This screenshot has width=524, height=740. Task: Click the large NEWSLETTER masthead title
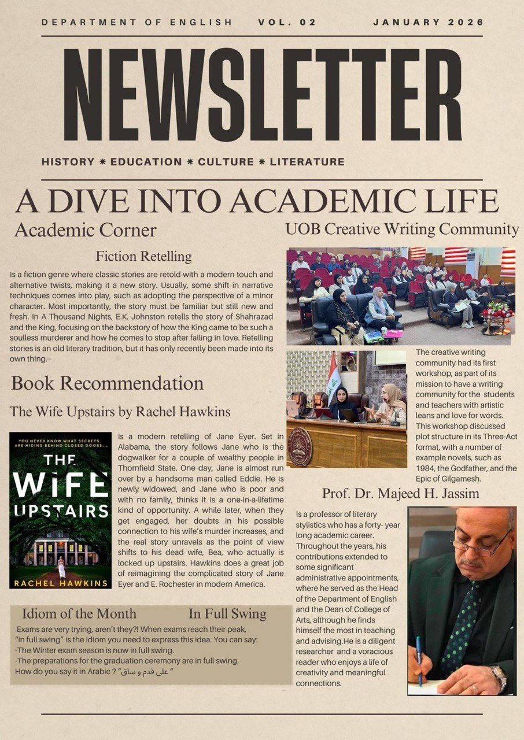point(262,95)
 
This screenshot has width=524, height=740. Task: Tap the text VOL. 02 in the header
point(287,23)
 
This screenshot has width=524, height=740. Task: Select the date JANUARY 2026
point(428,23)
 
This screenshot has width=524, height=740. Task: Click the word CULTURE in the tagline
point(226,162)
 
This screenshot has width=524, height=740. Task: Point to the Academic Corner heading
point(85,230)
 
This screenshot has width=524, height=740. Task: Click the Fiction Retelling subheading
point(143,256)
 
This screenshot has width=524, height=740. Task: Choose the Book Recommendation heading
point(107,383)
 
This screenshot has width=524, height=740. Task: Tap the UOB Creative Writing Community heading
point(402,230)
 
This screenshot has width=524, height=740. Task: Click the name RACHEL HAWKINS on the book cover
point(60,583)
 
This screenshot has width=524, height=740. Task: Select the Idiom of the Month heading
point(79,614)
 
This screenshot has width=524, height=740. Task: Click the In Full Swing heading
point(227,614)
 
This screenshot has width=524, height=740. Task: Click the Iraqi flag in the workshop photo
point(333,373)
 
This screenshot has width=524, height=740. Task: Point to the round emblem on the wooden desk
point(300,447)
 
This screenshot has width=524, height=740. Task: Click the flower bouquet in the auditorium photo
point(497,313)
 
